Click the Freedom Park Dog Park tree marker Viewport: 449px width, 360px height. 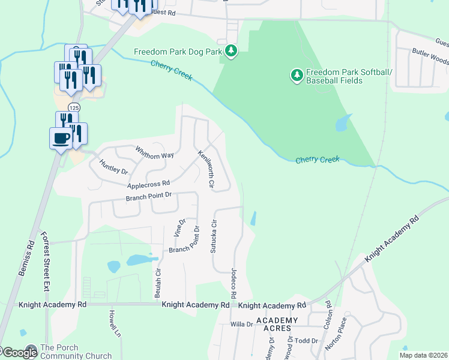click(x=231, y=52)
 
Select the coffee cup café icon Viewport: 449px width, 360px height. click(x=60, y=138)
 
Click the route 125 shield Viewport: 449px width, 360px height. click(x=73, y=107)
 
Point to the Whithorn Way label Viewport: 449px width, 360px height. click(x=154, y=152)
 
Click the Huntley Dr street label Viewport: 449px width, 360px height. click(x=113, y=167)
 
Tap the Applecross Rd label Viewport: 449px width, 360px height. click(x=148, y=184)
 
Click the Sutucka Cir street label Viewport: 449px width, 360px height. click(x=213, y=236)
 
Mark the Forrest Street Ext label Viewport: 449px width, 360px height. click(x=45, y=259)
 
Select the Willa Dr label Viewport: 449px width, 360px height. click(x=242, y=324)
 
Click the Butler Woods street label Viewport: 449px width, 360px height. click(x=430, y=61)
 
